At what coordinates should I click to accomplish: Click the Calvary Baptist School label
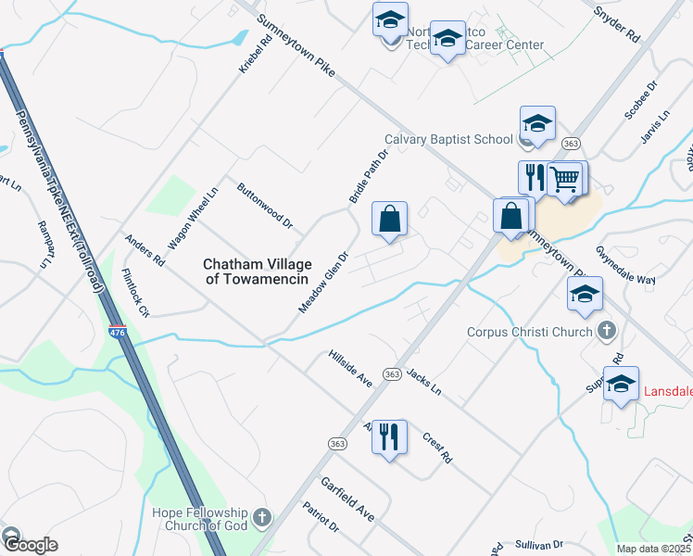tap(448, 140)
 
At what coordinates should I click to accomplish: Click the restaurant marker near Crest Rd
tap(389, 435)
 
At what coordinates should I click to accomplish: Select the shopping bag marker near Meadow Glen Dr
tap(390, 220)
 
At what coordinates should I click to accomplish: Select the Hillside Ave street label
tap(350, 368)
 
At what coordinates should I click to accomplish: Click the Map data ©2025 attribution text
tap(654, 548)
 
